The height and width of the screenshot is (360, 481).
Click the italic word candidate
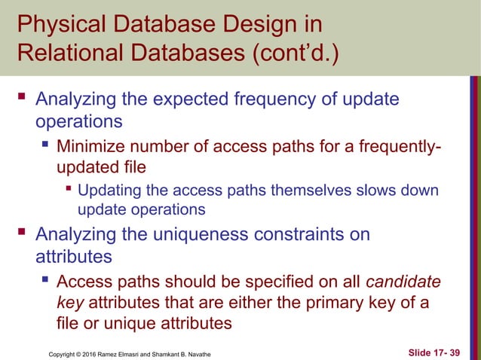404,283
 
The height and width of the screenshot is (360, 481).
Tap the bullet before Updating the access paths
69,188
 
